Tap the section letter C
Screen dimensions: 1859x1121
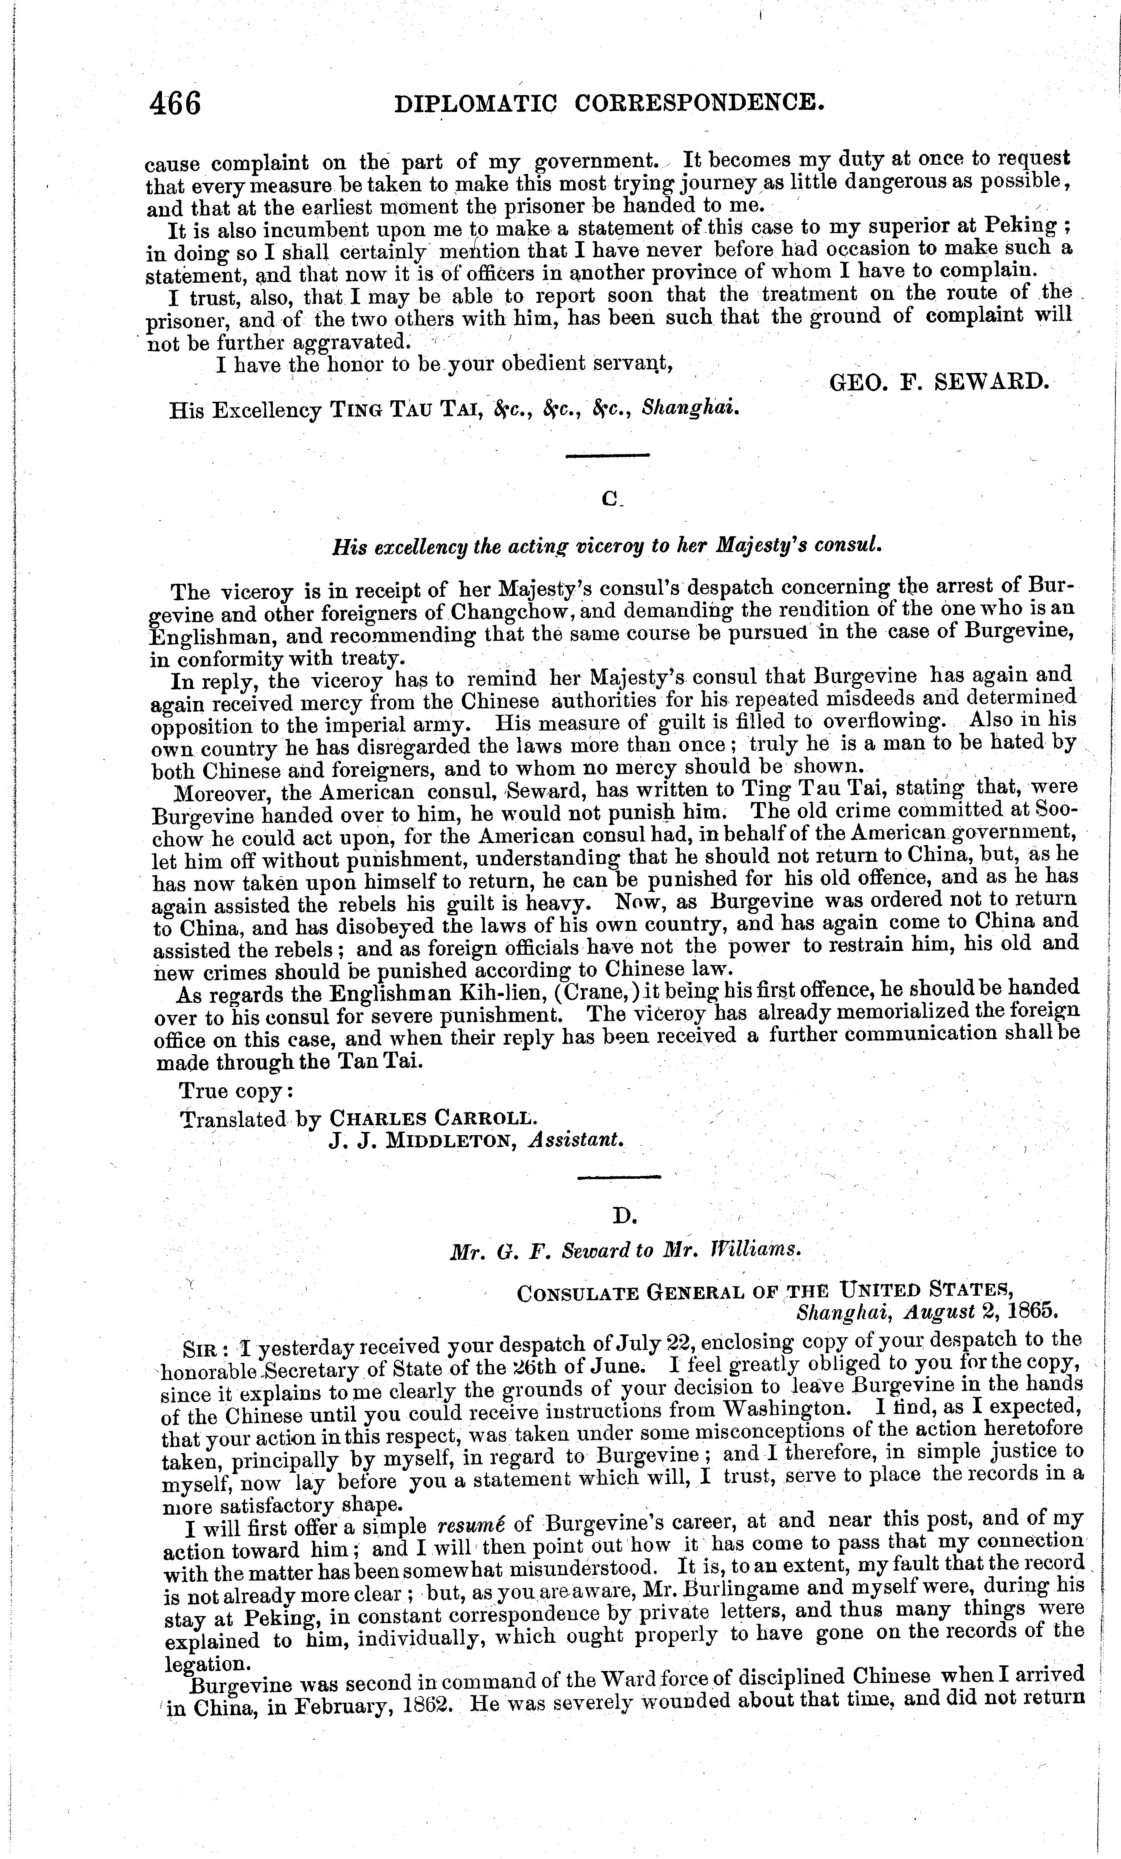pyautogui.click(x=609, y=499)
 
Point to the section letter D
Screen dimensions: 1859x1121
pyautogui.click(x=625, y=1215)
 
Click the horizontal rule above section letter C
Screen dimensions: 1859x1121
pyautogui.click(x=607, y=455)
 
